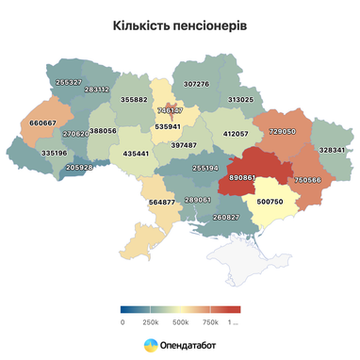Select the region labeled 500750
coord(270,201)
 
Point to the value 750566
coord(307,179)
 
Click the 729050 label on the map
coord(282,132)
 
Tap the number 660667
coord(42,123)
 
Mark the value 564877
coord(162,202)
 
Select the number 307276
coord(196,84)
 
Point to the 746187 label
coord(171,110)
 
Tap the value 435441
coord(136,153)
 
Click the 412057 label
coord(235,134)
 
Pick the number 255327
coord(68,82)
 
